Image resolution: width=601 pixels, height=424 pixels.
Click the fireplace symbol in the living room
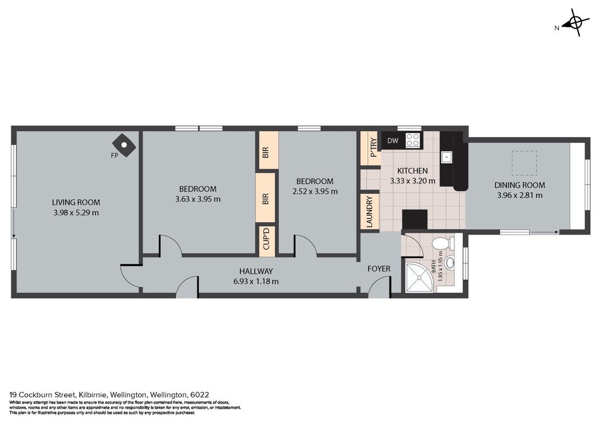pyautogui.click(x=124, y=145)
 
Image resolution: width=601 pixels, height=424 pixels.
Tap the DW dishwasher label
pyautogui.click(x=392, y=141)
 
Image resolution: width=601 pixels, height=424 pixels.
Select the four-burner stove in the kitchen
pyautogui.click(x=413, y=140)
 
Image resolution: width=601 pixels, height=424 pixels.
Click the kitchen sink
pyautogui.click(x=447, y=157)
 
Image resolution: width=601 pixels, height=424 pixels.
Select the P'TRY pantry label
pyautogui.click(x=374, y=148)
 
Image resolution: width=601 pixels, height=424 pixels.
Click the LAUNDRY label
pyautogui.click(x=370, y=211)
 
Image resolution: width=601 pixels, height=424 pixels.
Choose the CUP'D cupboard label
pyautogui.click(x=267, y=238)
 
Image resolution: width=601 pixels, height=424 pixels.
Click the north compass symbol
pyautogui.click(x=574, y=23)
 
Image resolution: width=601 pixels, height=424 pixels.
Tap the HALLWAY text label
pyautogui.click(x=256, y=271)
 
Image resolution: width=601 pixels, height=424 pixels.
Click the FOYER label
pyautogui.click(x=379, y=269)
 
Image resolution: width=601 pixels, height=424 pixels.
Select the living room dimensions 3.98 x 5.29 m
pyautogui.click(x=76, y=213)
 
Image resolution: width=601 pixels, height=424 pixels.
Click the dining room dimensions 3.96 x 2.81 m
pyautogui.click(x=520, y=195)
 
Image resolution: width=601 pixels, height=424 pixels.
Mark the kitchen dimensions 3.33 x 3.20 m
pyautogui.click(x=413, y=181)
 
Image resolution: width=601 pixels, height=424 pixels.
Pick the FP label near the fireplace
pyautogui.click(x=114, y=156)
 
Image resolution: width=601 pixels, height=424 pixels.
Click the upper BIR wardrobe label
pyautogui.click(x=266, y=152)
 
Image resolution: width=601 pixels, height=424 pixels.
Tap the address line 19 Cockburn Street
pyautogui.click(x=109, y=394)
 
